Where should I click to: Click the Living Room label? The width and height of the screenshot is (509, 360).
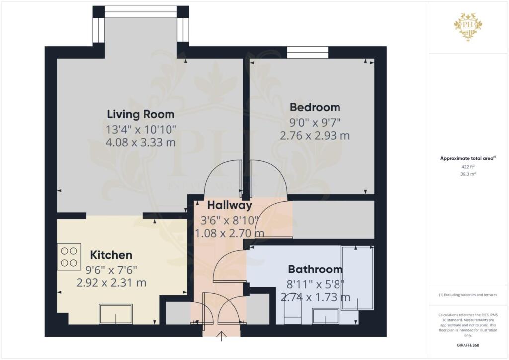pos(141,114)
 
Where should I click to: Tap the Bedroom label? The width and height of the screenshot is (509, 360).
pos(315,107)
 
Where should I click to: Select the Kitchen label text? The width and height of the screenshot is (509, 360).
pos(111,255)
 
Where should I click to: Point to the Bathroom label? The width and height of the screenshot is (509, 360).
pos(315,269)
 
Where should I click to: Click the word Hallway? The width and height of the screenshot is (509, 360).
pos(230,205)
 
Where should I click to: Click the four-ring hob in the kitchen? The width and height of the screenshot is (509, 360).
pos(69,257)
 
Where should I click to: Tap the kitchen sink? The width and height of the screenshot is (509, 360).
pos(116,314)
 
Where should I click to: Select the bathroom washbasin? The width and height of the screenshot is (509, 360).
pos(326,316)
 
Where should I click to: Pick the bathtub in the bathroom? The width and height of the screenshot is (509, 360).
pos(357,278)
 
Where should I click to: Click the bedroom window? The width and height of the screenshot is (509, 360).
pos(307,52)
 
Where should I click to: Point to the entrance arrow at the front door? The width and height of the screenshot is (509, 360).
pos(221,336)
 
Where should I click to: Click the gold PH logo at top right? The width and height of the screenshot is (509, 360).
pos(468,27)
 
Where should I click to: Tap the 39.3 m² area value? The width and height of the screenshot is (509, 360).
pos(468,174)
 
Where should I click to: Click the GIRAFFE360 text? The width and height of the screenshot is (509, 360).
pos(468,345)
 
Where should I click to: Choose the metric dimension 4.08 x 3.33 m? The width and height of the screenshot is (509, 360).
pos(141,142)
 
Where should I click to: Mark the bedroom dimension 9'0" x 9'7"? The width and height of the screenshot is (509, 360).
pos(315,123)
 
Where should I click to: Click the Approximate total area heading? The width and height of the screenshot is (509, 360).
pos(467,159)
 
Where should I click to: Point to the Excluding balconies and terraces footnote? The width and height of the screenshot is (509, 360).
pos(468,295)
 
